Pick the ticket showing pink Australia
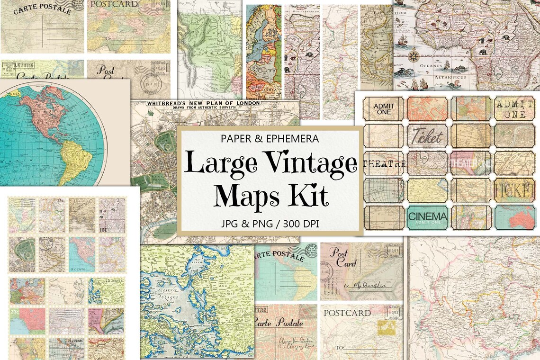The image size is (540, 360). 514,216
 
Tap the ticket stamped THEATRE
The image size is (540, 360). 384,163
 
